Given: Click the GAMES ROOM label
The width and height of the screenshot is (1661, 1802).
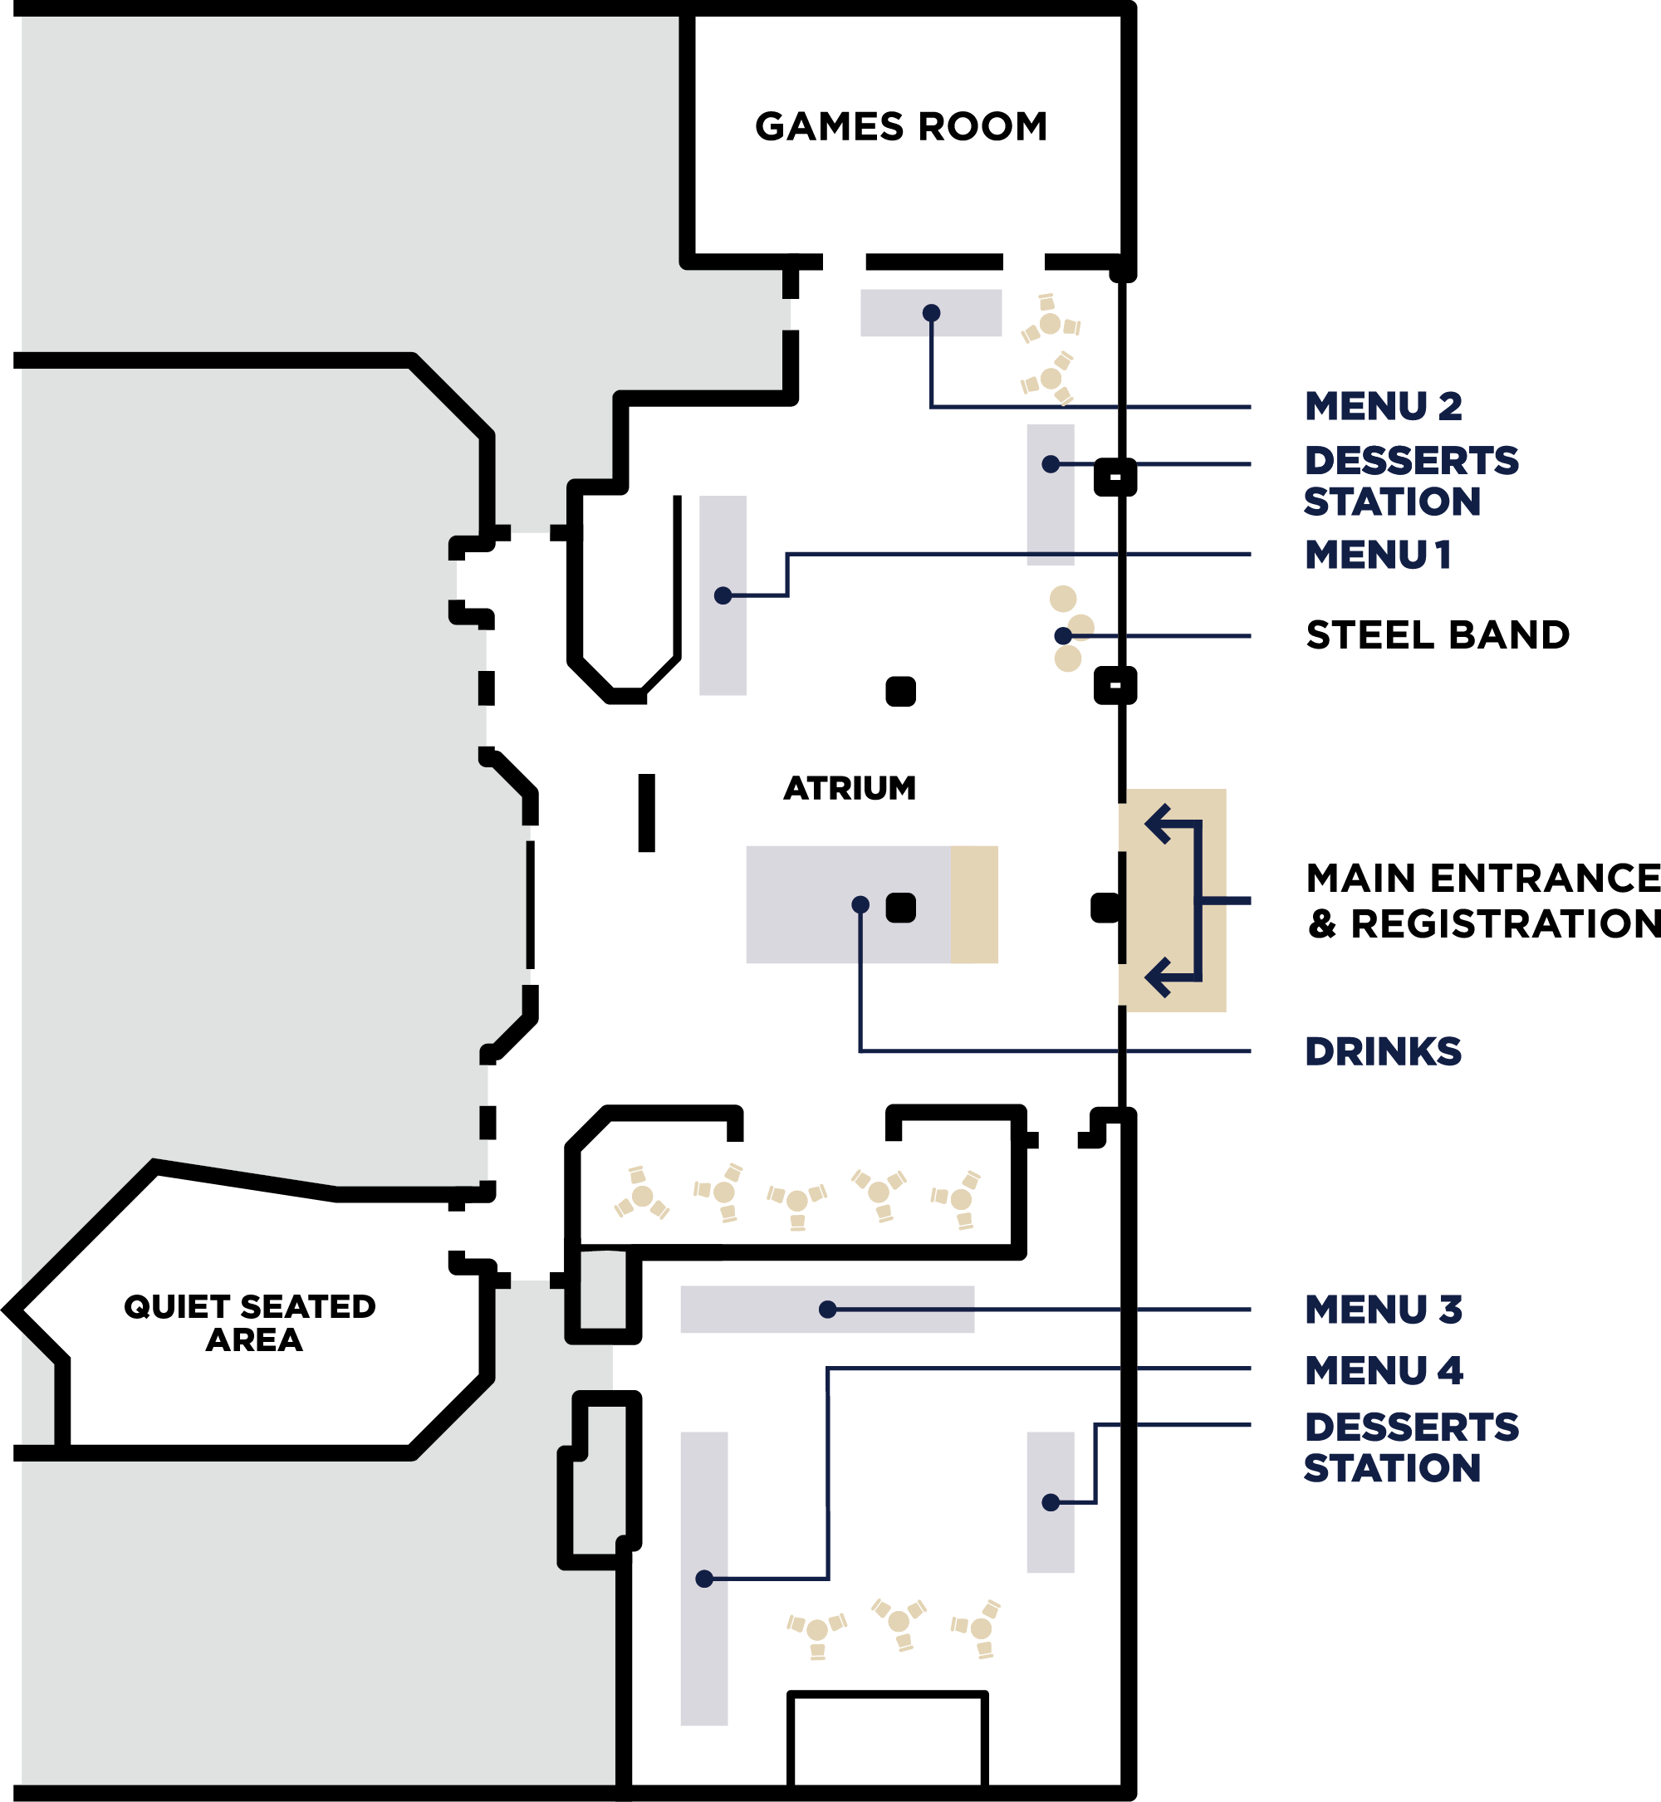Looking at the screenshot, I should pos(900,127).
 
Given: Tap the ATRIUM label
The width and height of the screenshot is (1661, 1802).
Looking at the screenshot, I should pos(850,788).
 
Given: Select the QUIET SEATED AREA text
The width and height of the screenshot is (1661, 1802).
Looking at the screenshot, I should pos(250,1323).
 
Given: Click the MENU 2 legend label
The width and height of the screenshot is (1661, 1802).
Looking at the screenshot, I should pos(1383,406).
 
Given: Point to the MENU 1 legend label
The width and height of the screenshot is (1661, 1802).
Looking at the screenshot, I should pos(1377,555).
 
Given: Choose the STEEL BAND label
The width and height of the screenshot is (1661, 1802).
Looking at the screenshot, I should pos(1438,635).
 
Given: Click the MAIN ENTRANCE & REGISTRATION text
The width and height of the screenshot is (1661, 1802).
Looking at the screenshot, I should pos(1483,900).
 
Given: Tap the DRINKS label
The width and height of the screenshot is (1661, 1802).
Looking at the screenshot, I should pos(1383,1051).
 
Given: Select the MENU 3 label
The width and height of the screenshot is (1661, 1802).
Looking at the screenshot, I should pos(1383,1310).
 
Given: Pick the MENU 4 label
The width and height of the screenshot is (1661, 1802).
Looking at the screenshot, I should pos(1383,1370).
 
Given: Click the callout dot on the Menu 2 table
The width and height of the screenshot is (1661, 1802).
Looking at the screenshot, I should pos(931,313).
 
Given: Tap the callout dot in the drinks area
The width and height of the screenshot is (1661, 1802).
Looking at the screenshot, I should pos(860,904).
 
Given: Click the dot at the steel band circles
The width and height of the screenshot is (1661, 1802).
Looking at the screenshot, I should pos(1062,635).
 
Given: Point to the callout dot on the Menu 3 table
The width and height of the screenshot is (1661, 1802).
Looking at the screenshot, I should pos(828,1310).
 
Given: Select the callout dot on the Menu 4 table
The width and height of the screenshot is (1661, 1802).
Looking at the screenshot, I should pos(704,1579).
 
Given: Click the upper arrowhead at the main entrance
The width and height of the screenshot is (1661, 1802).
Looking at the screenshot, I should pos(1157,823).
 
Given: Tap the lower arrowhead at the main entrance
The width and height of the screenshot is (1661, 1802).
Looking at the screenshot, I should pos(1157,977).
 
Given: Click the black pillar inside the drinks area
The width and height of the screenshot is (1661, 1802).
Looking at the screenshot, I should pos(900,908).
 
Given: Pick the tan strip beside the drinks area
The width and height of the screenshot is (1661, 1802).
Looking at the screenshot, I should pos(974,904).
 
